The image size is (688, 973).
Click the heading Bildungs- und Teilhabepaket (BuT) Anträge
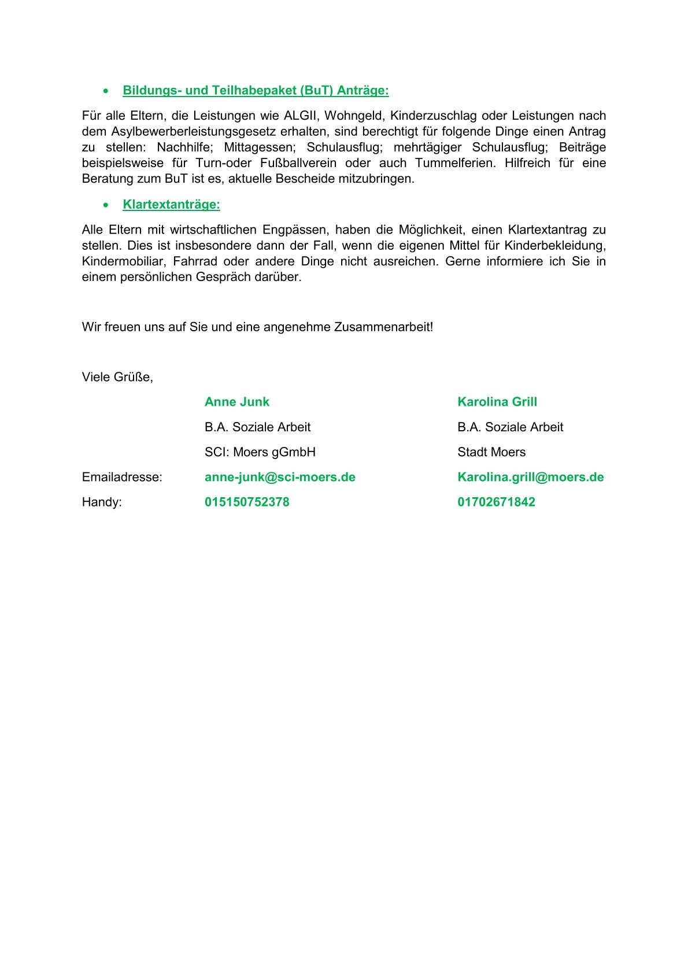pos(256,91)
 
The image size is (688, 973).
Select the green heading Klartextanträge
pos(171,205)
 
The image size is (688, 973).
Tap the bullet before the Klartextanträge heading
pos(105,205)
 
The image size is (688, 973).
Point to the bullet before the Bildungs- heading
pos(105,91)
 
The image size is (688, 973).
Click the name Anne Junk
pos(237,402)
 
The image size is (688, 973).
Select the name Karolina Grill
pos(497,402)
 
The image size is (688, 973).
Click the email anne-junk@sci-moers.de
pos(280,477)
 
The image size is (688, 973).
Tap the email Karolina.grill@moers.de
pos(531,477)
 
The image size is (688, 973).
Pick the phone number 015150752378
pos(247,502)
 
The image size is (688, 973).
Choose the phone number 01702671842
pos(496,502)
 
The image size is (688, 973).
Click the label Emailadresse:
pos(122,477)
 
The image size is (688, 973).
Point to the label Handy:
pos(102,502)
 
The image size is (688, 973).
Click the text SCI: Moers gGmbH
pos(260,452)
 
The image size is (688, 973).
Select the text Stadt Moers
pos(491,452)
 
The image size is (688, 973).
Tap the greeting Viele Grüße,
pos(117,377)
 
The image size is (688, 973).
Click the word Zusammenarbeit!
pos(383,327)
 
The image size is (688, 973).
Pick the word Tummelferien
pos(455,163)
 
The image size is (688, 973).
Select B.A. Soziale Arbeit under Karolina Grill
pos(510,427)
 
